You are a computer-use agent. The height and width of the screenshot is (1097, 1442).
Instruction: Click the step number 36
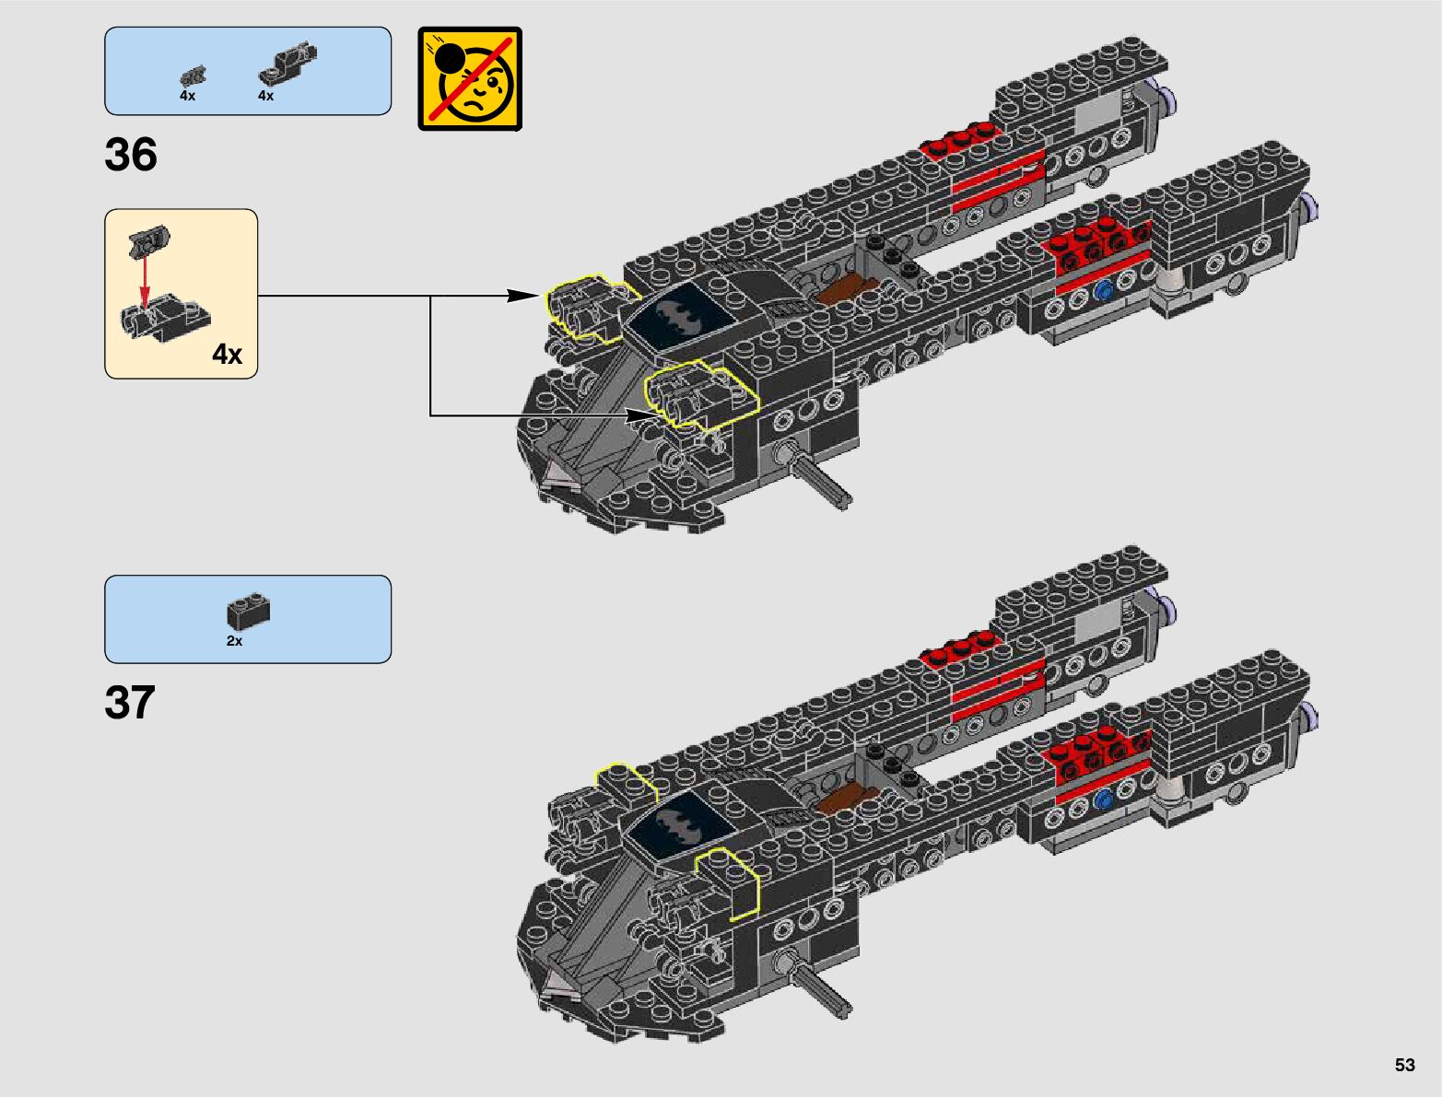131,155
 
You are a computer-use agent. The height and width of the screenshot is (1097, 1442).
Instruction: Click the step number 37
130,703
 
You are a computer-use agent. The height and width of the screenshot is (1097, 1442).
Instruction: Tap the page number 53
1404,1066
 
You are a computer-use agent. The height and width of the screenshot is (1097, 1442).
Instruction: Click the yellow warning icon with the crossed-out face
470,78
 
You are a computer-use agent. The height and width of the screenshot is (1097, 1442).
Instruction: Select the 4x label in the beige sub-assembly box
227,355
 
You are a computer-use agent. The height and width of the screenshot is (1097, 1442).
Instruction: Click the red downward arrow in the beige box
145,280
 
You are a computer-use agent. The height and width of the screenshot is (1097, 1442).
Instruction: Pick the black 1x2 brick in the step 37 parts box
248,612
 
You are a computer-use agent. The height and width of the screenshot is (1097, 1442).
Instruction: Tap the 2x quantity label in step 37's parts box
234,641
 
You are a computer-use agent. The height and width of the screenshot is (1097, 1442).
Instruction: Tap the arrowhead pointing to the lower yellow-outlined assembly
641,416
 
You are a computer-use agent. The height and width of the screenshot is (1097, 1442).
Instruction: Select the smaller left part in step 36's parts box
193,76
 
